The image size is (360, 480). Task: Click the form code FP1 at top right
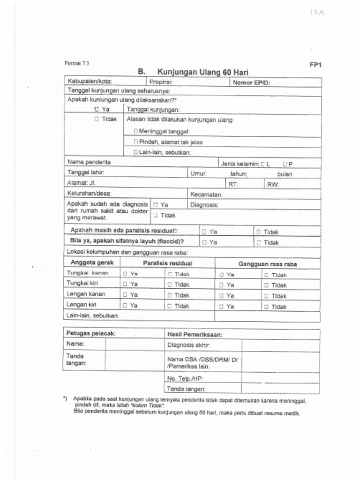pos(315,66)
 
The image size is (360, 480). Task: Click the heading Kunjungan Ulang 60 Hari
pos(202,72)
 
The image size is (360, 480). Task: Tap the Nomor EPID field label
pos(251,83)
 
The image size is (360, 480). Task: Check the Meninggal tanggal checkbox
pos(135,131)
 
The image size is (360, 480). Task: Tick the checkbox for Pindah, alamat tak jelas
pos(135,142)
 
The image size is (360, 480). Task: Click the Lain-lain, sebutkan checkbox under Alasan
pos(135,152)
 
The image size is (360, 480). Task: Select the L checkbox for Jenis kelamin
pos(263,164)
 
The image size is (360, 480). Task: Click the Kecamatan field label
pos(206,194)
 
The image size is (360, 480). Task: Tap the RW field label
pos(273,184)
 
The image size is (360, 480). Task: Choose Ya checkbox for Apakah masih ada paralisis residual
pos(204,232)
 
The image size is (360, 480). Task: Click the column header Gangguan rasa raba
pos(267,264)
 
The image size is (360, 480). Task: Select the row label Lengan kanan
pos(86,294)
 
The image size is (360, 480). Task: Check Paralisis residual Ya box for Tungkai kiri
pos(125,285)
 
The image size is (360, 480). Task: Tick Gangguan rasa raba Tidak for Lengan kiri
pos(266,307)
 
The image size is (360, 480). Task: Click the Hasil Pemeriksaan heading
pos(195,335)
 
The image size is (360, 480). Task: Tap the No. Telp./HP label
pos(185,378)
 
